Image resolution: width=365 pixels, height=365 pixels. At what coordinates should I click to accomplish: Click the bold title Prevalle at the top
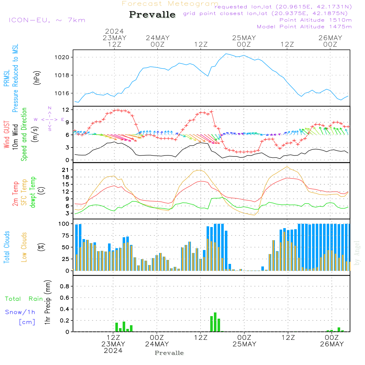pyautogui.click(x=152, y=15)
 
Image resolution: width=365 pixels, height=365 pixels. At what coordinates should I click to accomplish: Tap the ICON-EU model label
pyautogui.click(x=47, y=20)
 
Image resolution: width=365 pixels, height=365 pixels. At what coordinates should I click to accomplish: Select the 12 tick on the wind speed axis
pyautogui.click(x=66, y=109)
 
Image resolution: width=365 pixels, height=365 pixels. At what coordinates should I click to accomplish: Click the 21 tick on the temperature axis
pyautogui.click(x=66, y=170)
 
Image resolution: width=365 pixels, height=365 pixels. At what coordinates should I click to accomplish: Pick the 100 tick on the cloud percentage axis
pyautogui.click(x=64, y=223)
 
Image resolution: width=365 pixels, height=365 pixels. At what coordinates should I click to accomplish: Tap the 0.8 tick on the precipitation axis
pyautogui.click(x=65, y=287)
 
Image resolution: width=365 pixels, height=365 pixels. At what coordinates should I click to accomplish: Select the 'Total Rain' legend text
pyautogui.click(x=24, y=299)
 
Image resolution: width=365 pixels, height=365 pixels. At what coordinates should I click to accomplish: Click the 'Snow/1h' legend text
pyautogui.click(x=20, y=312)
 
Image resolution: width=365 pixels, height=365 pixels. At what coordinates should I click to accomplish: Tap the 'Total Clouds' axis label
pyautogui.click(x=7, y=247)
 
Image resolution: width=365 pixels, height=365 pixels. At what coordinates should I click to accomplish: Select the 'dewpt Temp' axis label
pyautogui.click(x=33, y=192)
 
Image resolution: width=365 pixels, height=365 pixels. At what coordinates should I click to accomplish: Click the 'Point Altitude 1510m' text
pyautogui.click(x=315, y=20)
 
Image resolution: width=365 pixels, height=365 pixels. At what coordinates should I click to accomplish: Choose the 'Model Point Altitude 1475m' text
pyautogui.click(x=304, y=27)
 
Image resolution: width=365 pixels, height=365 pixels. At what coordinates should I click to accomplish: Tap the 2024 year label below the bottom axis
pyautogui.click(x=113, y=351)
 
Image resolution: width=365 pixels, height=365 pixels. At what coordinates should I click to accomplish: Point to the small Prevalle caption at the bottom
pyautogui.click(x=169, y=353)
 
